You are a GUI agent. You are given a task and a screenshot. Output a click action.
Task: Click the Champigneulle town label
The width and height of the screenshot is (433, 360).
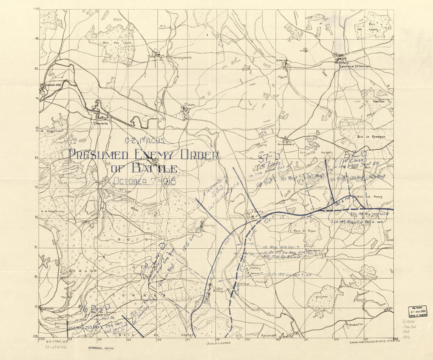181,57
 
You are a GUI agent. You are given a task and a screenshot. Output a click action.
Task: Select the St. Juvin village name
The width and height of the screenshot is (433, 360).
191,105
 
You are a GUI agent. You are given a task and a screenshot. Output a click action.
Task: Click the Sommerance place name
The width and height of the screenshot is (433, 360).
286,144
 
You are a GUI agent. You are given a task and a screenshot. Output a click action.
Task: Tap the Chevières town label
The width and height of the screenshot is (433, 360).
101,123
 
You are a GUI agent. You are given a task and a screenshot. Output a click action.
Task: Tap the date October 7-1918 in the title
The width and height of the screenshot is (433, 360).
144,181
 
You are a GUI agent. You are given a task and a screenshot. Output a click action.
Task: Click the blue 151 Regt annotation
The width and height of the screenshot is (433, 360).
289,179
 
